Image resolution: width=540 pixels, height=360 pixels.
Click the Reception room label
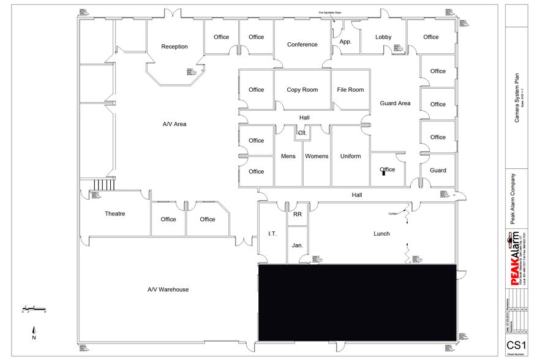(174, 47)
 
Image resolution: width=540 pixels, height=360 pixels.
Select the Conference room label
(302, 45)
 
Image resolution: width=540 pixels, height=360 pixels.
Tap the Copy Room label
(302, 90)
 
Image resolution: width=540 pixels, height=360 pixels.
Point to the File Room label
(350, 90)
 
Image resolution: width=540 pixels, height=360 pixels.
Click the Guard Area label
(395, 103)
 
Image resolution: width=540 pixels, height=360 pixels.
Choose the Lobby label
(383, 37)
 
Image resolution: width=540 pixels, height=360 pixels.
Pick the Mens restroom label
(288, 156)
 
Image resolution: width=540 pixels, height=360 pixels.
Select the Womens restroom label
(317, 156)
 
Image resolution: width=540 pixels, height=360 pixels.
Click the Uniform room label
(350, 156)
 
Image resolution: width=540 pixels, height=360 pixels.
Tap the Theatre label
(115, 214)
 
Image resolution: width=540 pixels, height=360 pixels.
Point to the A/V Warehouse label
(168, 290)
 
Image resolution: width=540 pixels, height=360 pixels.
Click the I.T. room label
(273, 234)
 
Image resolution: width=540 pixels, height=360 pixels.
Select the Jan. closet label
(298, 245)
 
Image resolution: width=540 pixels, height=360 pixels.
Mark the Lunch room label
(382, 234)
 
